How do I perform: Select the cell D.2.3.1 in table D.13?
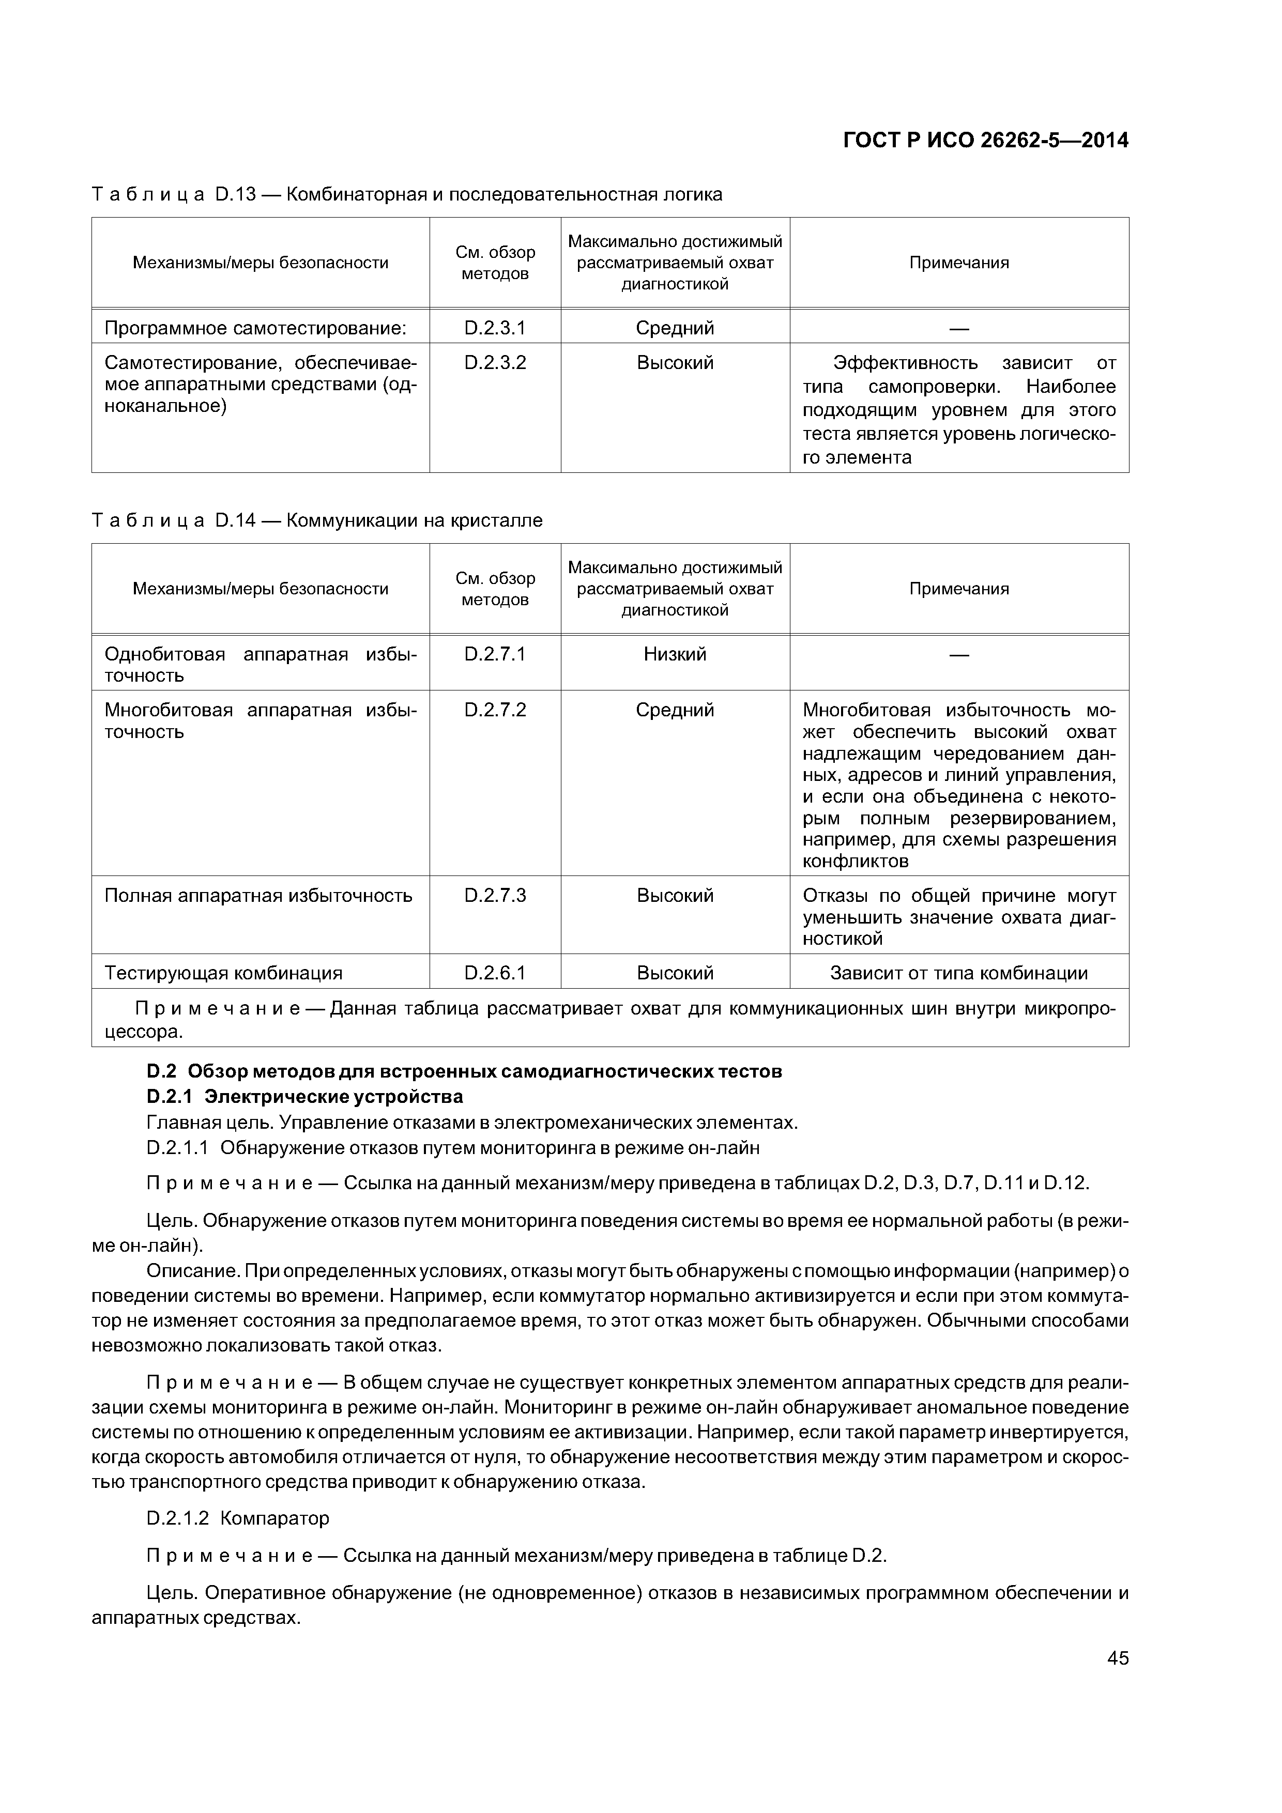coord(495,328)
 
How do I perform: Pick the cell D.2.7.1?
coord(495,654)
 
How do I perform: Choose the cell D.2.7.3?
coord(495,896)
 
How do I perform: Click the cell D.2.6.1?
coord(495,973)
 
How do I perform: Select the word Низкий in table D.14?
coord(675,654)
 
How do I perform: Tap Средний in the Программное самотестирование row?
coord(675,328)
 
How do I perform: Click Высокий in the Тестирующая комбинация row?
coord(675,973)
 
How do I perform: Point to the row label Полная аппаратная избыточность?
coord(258,896)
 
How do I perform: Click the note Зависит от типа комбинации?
coord(958,973)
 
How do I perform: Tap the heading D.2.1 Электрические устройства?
coord(305,1097)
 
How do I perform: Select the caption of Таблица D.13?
coord(407,194)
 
